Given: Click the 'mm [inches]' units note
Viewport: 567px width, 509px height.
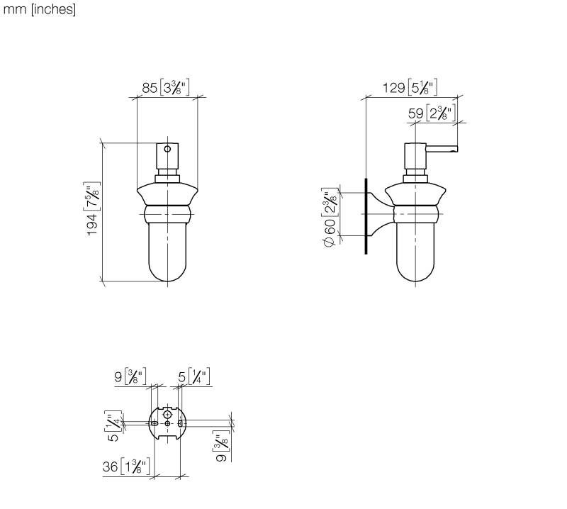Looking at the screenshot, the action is coord(40,9).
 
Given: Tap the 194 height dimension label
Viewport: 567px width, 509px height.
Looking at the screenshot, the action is coord(92,208).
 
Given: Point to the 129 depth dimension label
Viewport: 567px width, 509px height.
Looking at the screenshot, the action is coord(410,87).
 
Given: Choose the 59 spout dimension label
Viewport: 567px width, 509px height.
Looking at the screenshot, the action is coord(432,113).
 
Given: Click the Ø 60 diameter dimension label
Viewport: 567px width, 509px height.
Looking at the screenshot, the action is coord(330,217).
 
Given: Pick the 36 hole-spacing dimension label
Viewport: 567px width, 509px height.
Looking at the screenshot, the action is coord(126,466).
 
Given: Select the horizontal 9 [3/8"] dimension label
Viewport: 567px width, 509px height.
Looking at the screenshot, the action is coord(130,376).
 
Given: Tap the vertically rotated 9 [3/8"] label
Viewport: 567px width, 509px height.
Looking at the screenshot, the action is coord(221,446).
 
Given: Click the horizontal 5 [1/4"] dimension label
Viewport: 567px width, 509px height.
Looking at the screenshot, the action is coord(193,376).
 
